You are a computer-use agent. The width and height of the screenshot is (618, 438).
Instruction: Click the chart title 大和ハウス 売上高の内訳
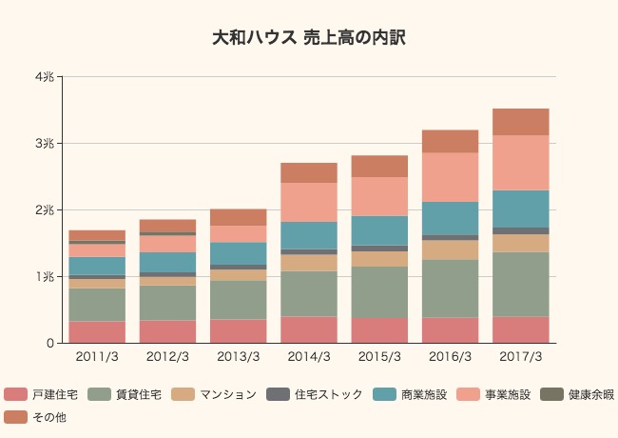309,38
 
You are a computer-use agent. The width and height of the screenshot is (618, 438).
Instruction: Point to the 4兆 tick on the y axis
44,77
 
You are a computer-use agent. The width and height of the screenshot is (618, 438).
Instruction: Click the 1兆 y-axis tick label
44,276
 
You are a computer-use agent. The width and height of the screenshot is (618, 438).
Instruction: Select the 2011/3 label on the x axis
97,356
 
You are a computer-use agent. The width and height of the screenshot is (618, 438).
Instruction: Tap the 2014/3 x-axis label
309,356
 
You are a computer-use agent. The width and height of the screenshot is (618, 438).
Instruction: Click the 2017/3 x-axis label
521,356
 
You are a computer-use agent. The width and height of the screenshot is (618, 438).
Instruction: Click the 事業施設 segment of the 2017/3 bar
521,163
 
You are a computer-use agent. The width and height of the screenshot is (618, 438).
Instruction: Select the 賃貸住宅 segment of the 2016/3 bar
451,289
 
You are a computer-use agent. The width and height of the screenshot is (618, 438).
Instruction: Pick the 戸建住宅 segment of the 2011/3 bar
97,331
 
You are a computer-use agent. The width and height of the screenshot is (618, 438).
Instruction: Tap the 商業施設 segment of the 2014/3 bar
309,235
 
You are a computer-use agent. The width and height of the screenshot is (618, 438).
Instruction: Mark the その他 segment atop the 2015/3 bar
379,166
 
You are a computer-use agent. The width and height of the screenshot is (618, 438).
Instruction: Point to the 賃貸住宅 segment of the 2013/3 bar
239,300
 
